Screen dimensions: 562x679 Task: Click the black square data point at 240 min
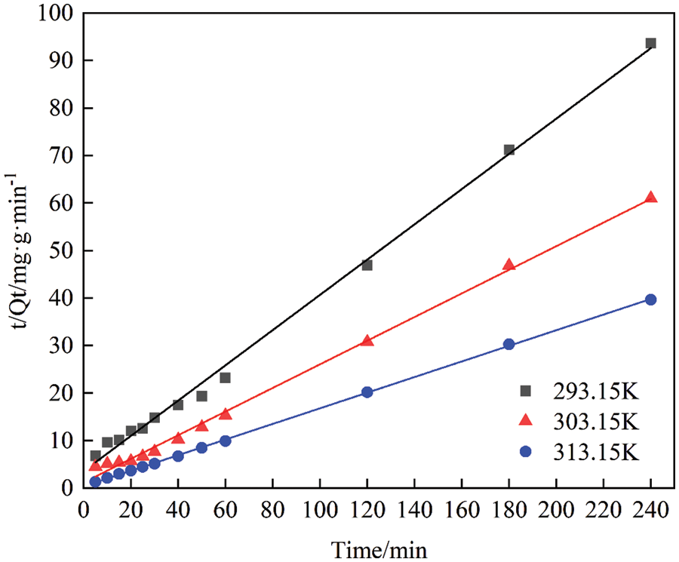pos(650,43)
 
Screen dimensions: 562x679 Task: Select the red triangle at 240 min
pos(650,198)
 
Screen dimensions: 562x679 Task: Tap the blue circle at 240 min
pos(650,299)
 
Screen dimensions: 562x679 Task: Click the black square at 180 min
pos(508,150)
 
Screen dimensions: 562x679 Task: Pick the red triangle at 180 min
pos(508,265)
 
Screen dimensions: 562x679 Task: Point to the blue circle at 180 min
pos(508,344)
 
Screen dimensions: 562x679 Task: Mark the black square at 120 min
pos(367,265)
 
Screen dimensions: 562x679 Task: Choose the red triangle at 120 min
pos(367,340)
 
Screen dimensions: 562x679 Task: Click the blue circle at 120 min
pos(367,392)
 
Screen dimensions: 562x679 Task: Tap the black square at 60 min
pos(225,377)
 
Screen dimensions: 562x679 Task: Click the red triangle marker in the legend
pos(526,420)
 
